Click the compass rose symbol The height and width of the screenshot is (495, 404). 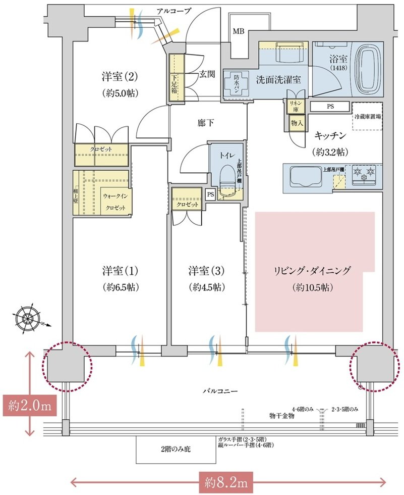point(27,318)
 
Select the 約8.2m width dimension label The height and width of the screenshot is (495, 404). point(226,483)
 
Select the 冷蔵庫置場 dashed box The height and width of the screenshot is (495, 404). point(367,117)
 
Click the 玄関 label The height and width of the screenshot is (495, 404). point(207,74)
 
